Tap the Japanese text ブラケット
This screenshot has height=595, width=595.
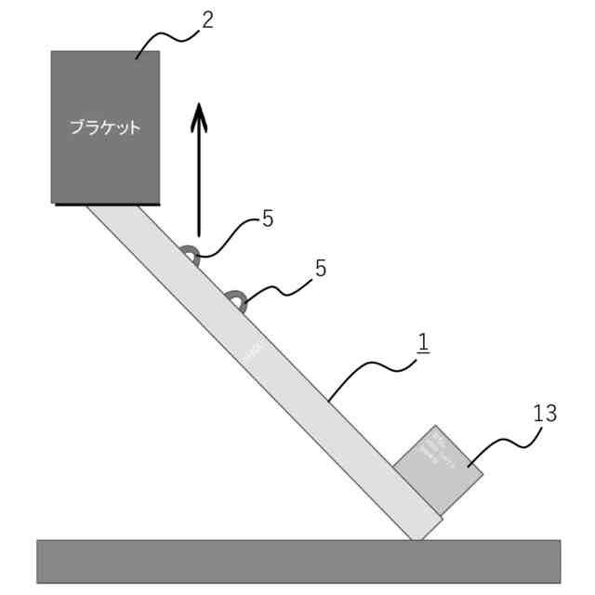[105, 127]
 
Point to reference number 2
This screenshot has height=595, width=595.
[207, 20]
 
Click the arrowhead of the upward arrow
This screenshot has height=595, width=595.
[198, 117]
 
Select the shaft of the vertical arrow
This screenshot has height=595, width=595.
[198, 186]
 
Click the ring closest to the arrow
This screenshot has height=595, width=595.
[191, 255]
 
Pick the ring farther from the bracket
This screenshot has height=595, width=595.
[235, 300]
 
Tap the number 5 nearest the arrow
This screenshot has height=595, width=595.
[267, 219]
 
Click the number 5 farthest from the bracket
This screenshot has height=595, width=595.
[321, 269]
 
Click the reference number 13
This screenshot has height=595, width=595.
[545, 413]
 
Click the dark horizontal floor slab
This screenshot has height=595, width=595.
[298, 562]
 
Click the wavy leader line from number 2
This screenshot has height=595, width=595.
[167, 39]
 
